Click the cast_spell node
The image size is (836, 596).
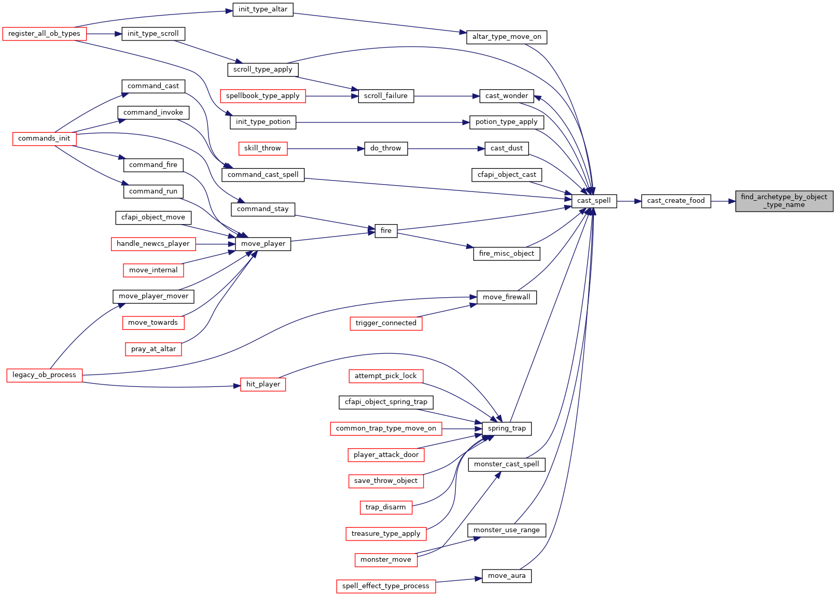[594, 201]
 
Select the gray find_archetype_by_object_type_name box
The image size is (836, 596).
[784, 201]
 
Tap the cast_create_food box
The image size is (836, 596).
[676, 201]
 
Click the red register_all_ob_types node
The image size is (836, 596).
[44, 34]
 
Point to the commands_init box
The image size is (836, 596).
[44, 139]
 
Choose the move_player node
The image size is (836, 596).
[263, 244]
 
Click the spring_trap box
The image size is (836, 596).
[507, 428]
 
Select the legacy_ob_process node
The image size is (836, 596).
[44, 375]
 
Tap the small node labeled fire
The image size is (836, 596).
[386, 231]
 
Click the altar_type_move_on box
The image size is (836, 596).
[507, 37]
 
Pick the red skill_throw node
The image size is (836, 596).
[263, 148]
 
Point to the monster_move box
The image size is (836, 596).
[386, 560]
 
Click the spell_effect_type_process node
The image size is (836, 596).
[386, 586]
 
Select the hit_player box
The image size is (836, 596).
[263, 384]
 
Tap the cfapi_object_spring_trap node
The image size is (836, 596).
[386, 403]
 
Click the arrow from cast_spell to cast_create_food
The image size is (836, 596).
[629, 201]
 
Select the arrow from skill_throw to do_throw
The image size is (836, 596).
[326, 148]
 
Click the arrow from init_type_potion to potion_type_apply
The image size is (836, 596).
[383, 122]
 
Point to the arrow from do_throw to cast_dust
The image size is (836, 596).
[446, 148]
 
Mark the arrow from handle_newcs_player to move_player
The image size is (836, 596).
[215, 244]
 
